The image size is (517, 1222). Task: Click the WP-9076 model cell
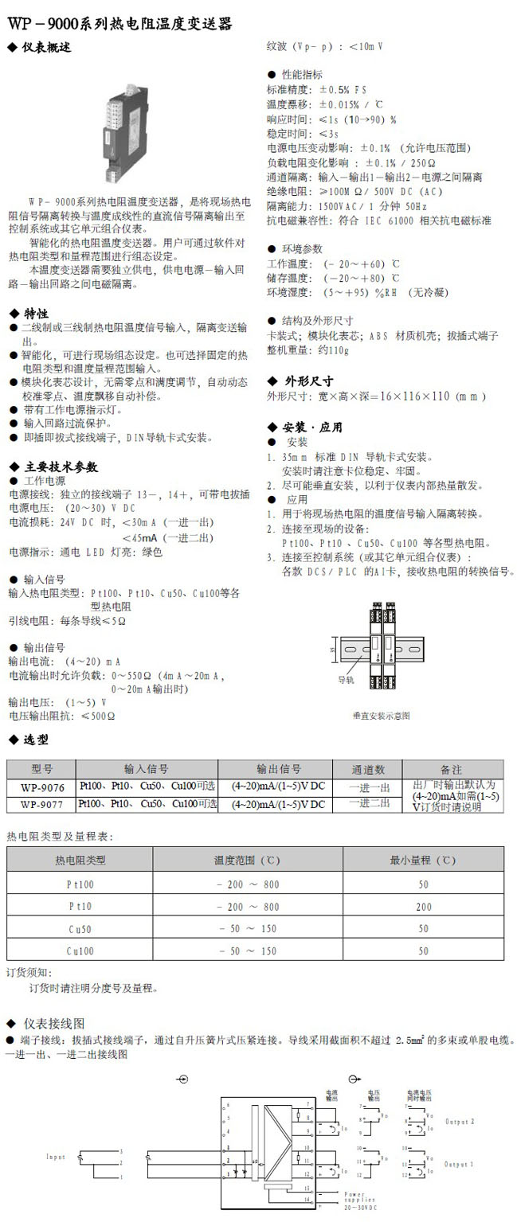tap(42, 787)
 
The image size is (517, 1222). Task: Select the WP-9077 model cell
tap(42, 804)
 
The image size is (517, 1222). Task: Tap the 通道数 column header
tap(369, 769)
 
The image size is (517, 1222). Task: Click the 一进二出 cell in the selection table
tap(369, 804)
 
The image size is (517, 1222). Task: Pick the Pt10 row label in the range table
tap(80, 906)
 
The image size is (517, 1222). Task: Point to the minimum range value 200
tap(423, 906)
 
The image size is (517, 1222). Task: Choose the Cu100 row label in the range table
tap(80, 951)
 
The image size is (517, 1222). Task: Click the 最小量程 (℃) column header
tap(423, 860)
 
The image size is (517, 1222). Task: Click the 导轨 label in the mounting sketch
tap(345, 679)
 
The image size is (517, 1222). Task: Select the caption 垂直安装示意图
tap(381, 716)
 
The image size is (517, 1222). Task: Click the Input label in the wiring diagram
tap(56, 1156)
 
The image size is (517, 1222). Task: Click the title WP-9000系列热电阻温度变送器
tap(119, 25)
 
